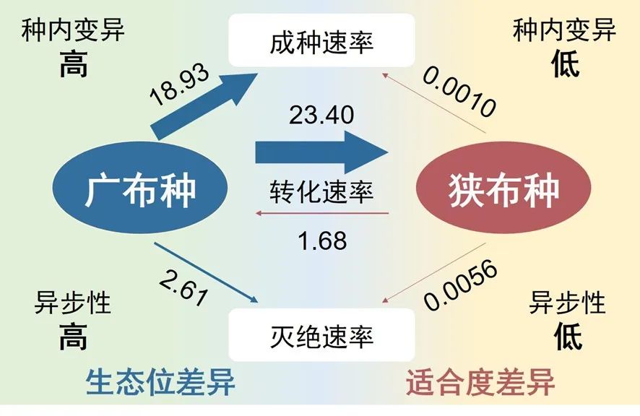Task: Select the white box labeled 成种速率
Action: [321, 42]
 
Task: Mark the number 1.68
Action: [323, 241]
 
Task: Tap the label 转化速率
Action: [321, 192]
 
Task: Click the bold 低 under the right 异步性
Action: [567, 335]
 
